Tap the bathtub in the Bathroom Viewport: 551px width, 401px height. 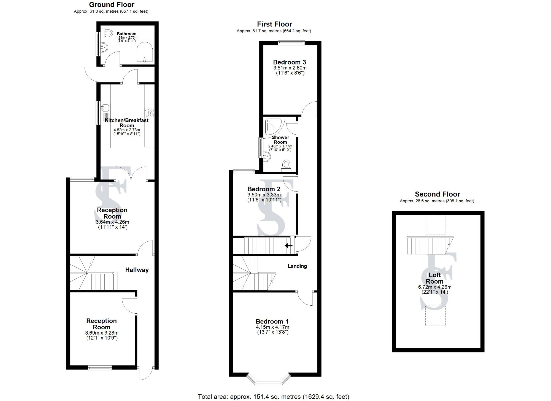(x=145, y=52)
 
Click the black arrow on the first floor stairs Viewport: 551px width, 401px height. (x=288, y=245)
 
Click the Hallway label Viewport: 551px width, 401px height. (x=137, y=270)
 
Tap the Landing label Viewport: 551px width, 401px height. (x=297, y=266)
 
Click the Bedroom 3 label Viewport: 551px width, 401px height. (x=290, y=62)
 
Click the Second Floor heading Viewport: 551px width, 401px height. (x=437, y=194)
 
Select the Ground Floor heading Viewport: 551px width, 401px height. (x=112, y=5)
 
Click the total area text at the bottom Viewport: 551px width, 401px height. (x=274, y=397)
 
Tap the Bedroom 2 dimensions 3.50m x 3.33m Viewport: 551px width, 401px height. (x=264, y=195)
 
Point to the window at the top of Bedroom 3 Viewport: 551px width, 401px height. (x=291, y=42)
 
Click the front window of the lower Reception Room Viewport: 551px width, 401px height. (x=100, y=367)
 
